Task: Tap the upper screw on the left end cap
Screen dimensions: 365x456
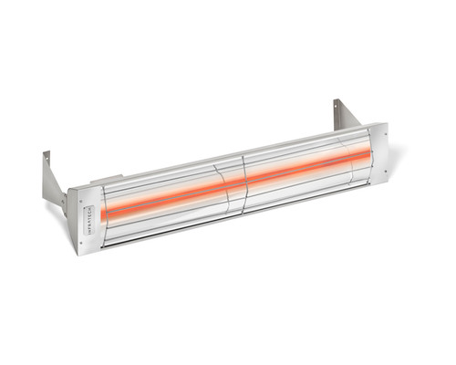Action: pyautogui.click(x=83, y=193)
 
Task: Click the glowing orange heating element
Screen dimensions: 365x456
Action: pyautogui.click(x=237, y=182)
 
